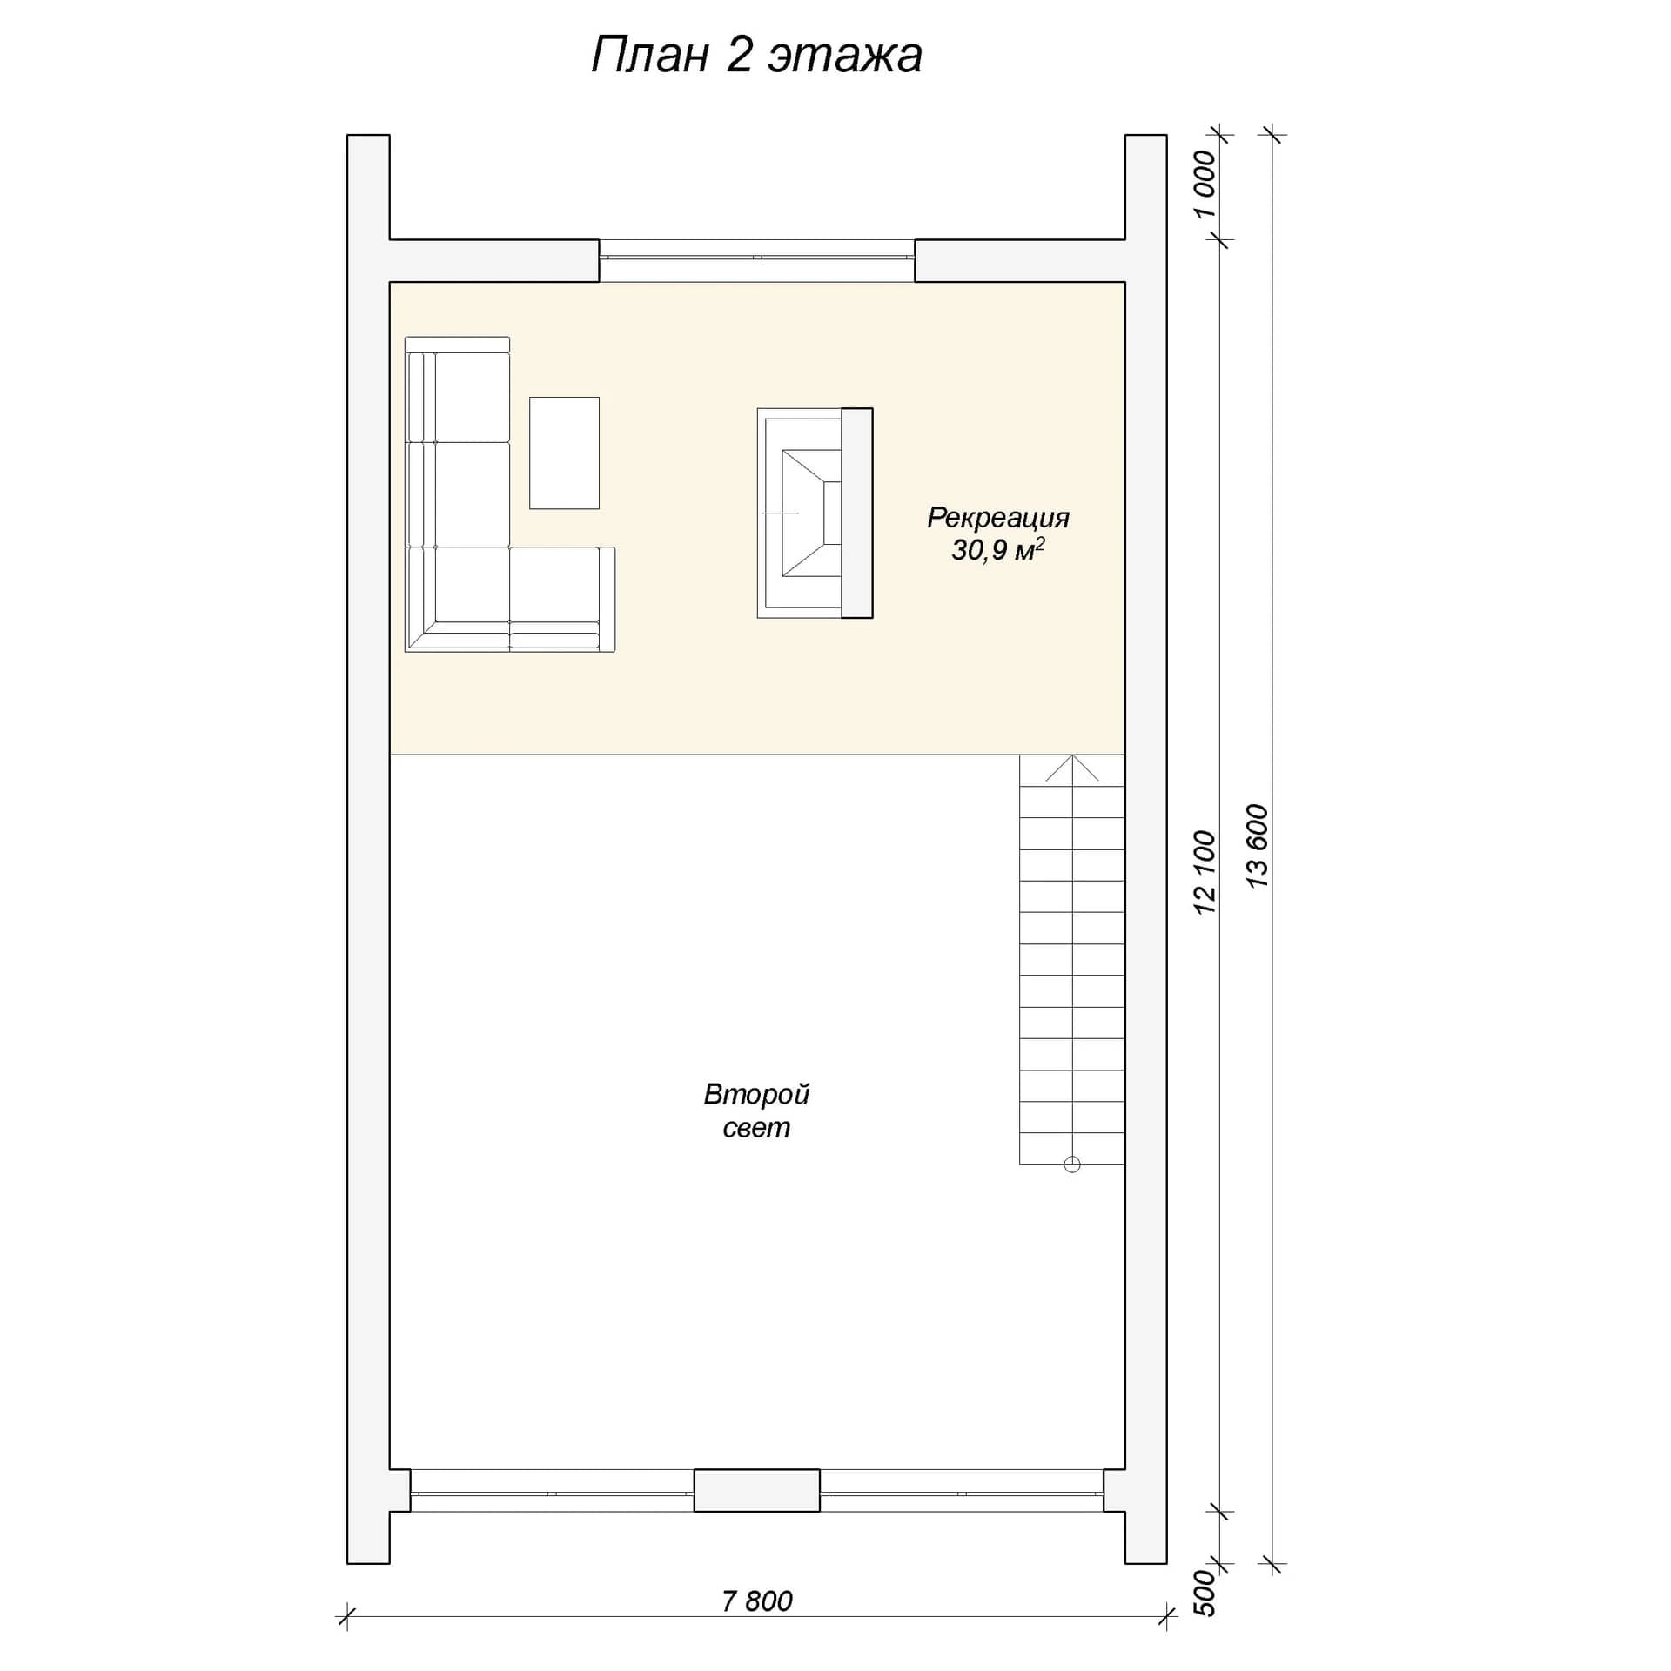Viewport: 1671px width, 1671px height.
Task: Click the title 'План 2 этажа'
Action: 756,56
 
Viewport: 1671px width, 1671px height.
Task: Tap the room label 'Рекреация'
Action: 997,518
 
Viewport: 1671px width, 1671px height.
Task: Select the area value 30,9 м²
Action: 997,550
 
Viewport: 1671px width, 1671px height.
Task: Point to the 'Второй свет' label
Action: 756,1111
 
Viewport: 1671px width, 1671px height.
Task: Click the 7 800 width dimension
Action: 757,1601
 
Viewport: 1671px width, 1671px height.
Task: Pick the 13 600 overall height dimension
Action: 1258,846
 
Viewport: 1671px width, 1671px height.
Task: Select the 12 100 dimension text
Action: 1205,872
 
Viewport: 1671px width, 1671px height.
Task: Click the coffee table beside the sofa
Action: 564,453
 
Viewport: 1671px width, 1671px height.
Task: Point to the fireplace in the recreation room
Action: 815,513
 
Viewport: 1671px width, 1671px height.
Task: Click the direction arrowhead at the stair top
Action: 1072,767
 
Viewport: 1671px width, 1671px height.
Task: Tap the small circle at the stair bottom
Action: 1072,1164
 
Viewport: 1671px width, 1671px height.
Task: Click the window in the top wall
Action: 757,258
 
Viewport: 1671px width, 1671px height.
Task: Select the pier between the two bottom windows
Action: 756,1490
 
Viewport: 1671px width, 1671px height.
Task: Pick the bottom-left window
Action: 552,1490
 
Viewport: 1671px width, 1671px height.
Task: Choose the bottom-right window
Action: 962,1490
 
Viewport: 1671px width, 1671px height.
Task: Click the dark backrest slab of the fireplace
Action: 857,513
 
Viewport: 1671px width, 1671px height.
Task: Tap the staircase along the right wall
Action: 1072,959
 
